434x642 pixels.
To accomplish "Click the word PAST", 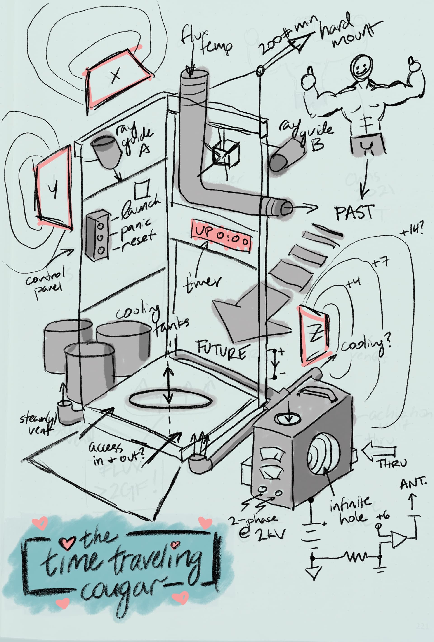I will (x=355, y=212).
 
